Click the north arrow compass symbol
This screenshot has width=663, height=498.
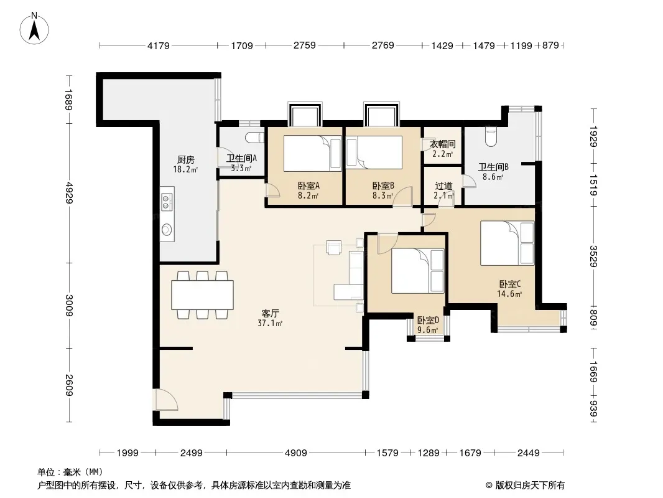coord(34,28)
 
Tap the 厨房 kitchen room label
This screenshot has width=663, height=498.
coord(185,160)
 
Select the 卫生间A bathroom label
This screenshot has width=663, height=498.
coord(241,159)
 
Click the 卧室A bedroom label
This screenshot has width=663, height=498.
coord(308,186)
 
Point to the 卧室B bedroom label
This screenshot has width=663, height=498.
coord(383,186)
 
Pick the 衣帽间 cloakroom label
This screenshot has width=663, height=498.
coord(442,144)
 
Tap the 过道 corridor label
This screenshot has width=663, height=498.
coord(443,186)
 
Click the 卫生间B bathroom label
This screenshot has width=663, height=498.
coord(493,167)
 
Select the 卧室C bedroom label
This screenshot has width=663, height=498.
coord(509,284)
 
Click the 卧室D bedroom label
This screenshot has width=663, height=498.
coord(428,321)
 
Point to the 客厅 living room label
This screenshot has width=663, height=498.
coord(270,314)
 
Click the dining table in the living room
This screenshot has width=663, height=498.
coord(202,295)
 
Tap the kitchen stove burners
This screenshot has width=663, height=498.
coord(167,202)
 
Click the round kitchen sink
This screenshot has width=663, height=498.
coord(167,229)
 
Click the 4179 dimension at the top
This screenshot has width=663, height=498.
coord(158,45)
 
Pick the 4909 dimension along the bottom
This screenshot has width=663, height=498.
coord(295,453)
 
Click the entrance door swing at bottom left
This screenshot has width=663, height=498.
coord(167,400)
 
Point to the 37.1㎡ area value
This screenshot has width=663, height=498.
coord(270,324)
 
